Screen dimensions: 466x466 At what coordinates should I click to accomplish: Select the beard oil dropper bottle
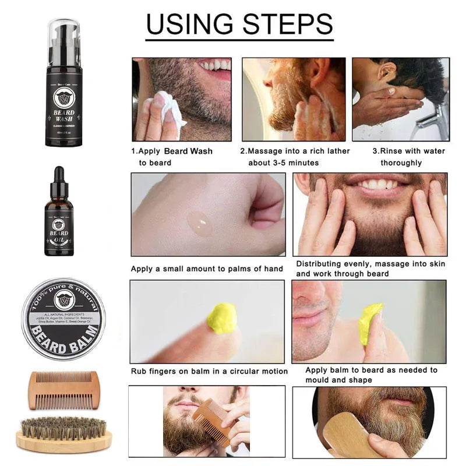pos(59,218)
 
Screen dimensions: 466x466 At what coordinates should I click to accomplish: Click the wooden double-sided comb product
pos(60,391)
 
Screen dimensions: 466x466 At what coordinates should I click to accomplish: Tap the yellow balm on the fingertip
pos(222,318)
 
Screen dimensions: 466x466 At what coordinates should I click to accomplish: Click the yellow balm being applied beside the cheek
pos(370,323)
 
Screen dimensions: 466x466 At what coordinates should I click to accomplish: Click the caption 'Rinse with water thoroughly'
pos(408,157)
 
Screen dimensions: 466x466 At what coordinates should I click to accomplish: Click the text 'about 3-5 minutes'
pos(283,163)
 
